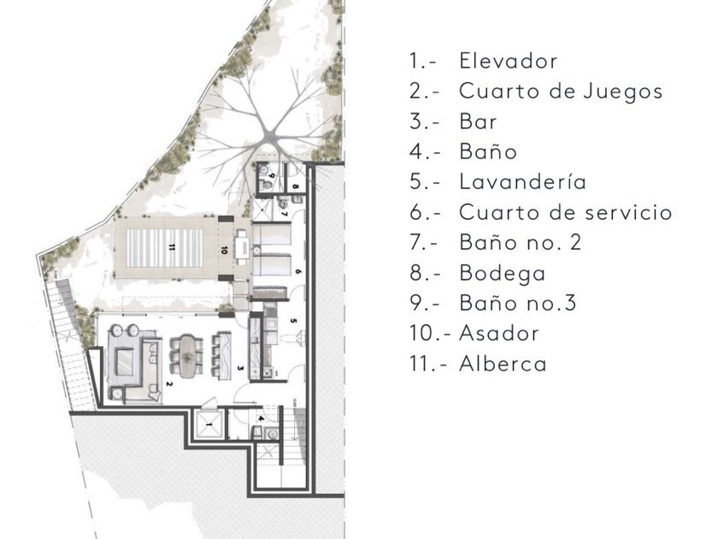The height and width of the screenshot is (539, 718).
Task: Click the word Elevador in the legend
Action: pos(508,61)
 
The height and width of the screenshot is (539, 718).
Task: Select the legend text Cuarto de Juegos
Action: pos(561,91)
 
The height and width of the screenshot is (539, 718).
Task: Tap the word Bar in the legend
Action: pos(478,121)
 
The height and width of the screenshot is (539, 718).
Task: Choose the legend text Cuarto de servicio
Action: pos(565,211)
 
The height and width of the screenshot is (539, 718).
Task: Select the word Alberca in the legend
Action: pos(503,363)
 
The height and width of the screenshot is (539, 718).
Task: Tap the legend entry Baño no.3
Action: pos(520,302)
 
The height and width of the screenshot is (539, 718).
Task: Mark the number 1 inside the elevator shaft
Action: pos(208,423)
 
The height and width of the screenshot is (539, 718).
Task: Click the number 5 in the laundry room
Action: pos(291,322)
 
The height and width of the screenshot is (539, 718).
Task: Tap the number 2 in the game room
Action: pos(169,384)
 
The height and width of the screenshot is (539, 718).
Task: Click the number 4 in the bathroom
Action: pos(261,418)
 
